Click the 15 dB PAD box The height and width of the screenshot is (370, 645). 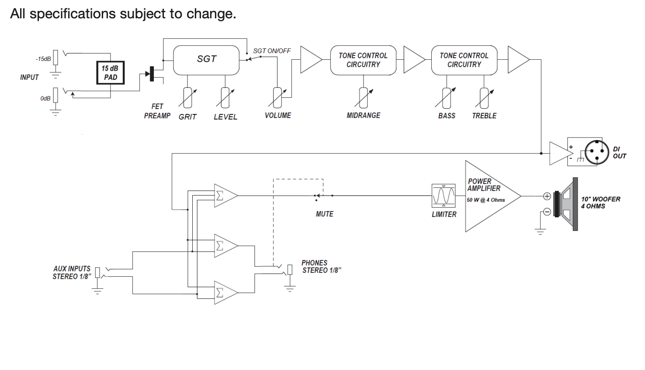pos(111,73)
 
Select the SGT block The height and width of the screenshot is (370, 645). pos(206,60)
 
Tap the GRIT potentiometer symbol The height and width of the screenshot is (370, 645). pos(188,98)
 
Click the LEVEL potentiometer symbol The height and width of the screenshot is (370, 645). pos(225,98)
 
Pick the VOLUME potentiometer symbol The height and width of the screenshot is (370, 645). pos(277,98)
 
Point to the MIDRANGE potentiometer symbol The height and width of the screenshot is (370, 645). pos(364,98)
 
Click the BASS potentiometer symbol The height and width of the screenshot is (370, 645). pos(447,98)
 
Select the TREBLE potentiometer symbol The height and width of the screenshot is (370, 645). pos(484,98)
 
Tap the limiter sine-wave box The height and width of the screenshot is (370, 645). pos(444,196)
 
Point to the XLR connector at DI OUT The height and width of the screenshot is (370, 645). pos(596,152)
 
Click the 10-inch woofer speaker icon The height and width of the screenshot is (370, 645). pos(566,204)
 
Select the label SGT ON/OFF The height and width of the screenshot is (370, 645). pos(272,51)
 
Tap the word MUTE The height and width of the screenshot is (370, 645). pos(325,214)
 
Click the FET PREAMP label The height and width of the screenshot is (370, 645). pos(157,111)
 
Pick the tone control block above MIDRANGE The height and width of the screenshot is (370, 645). pos(363,60)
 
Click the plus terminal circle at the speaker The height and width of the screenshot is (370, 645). pos(547,196)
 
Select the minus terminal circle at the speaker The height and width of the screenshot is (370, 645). pos(547,212)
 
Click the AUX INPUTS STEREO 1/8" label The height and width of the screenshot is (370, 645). pos(72,273)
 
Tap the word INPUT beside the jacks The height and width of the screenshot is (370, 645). pos(29,77)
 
